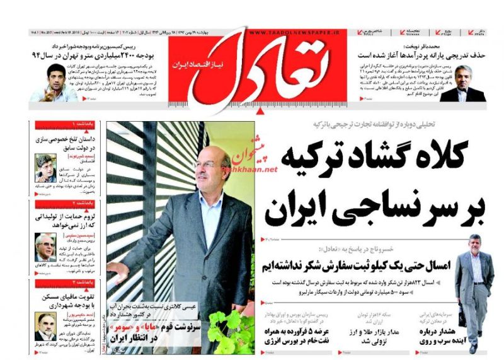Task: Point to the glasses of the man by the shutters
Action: (x=203, y=164)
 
